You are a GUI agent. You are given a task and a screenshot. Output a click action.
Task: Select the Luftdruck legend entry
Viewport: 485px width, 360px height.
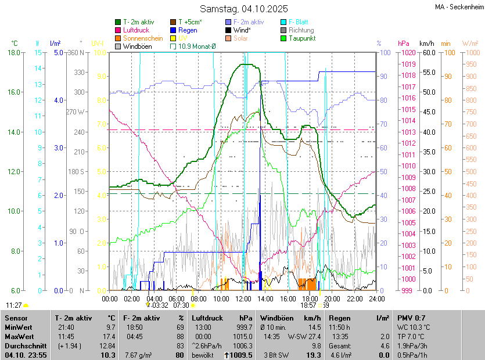[x=136, y=30]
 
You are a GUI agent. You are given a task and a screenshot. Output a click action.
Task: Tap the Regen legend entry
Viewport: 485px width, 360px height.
[x=188, y=30]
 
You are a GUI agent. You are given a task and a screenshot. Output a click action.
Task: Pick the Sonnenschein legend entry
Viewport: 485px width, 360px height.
[x=143, y=38]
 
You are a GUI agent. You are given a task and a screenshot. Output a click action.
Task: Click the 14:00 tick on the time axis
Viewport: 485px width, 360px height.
[x=266, y=298]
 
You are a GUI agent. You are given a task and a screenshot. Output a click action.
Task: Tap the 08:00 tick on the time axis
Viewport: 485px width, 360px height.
[x=199, y=298]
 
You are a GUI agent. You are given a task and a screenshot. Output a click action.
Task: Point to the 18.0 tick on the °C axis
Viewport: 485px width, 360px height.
[x=14, y=53]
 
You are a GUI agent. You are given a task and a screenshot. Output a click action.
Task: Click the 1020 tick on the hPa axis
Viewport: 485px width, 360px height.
[x=408, y=53]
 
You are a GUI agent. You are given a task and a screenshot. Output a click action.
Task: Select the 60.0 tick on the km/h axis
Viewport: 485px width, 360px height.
[x=428, y=53]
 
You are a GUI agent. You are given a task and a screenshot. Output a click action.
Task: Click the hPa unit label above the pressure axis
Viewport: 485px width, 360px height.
[x=404, y=44]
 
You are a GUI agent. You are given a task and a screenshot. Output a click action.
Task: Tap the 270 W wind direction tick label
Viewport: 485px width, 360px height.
[x=76, y=112]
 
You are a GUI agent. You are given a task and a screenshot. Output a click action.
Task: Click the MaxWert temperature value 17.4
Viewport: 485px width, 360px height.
[x=108, y=337]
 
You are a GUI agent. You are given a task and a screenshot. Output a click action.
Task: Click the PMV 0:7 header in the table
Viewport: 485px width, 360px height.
[x=412, y=318]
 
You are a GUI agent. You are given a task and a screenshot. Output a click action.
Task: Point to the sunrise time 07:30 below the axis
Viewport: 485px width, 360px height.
[x=182, y=305]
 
